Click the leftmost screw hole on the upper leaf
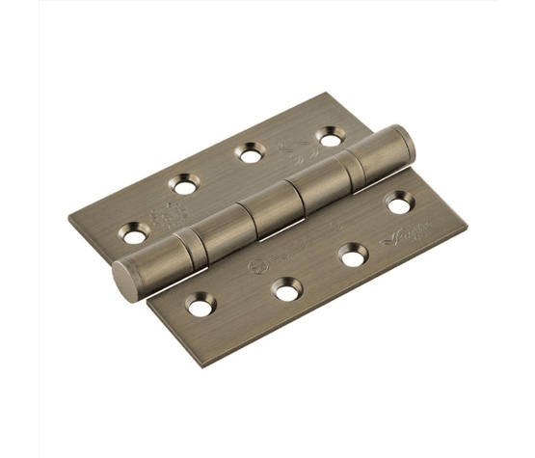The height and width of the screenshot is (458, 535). pos(135,232)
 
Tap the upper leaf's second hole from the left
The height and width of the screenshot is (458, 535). pos(183,182)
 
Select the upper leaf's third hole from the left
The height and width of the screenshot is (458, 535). pos(253,151)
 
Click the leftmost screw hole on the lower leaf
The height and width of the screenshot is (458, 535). pos(201,307)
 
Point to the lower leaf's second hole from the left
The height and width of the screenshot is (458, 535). pos(282,289)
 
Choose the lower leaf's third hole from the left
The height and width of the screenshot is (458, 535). pos(354,256)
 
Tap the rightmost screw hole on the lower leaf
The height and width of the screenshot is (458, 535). pos(399,203)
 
